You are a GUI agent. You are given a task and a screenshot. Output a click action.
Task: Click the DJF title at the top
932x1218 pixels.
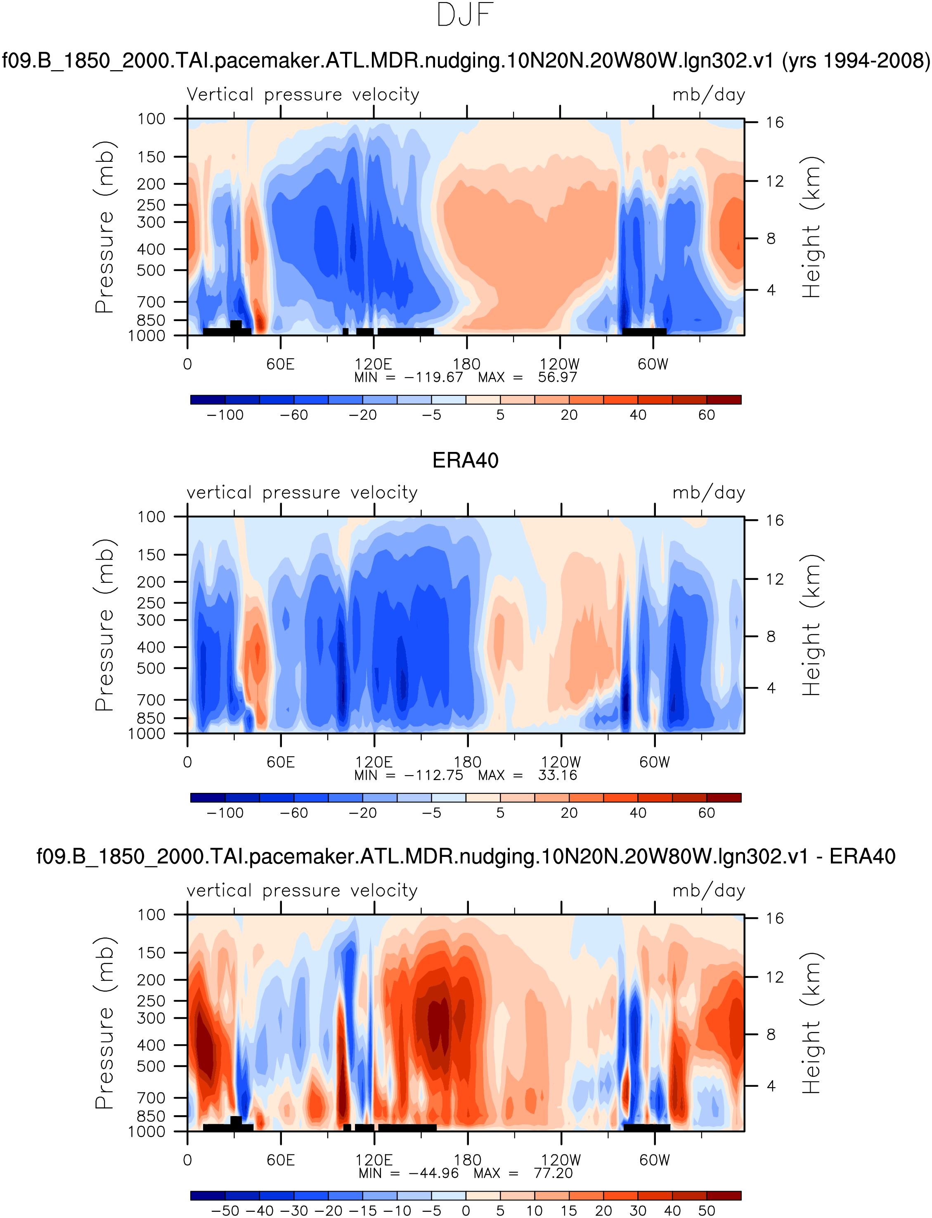(x=465, y=16)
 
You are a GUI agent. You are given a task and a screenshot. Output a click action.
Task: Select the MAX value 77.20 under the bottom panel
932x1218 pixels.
(x=553, y=1173)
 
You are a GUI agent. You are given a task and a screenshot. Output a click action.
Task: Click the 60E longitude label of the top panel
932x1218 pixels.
(x=280, y=364)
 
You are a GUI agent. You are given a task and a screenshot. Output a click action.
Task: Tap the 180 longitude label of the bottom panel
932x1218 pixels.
(x=467, y=1160)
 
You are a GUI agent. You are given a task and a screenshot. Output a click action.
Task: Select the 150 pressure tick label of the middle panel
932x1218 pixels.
(x=151, y=555)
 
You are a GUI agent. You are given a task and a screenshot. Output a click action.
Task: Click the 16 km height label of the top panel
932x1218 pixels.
(x=774, y=123)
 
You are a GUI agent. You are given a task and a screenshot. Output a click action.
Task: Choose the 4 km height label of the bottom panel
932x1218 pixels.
(x=771, y=1086)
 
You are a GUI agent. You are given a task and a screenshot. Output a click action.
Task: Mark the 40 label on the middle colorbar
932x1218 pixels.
(x=638, y=813)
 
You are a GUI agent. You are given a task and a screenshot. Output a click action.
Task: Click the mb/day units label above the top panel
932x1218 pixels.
(x=708, y=95)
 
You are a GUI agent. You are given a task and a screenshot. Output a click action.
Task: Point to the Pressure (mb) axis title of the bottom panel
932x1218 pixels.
(x=104, y=1023)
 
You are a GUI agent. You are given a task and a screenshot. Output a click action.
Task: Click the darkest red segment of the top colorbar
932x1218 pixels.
(x=724, y=400)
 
